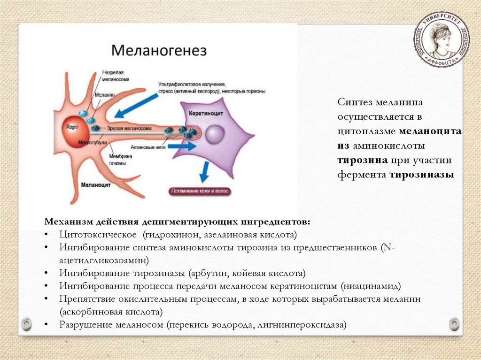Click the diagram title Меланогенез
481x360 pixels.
point(158,50)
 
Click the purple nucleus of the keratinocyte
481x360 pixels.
point(215,134)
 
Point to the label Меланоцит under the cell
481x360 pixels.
point(95,185)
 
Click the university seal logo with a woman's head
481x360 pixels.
point(441,39)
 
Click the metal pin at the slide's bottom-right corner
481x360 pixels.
point(454,323)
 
